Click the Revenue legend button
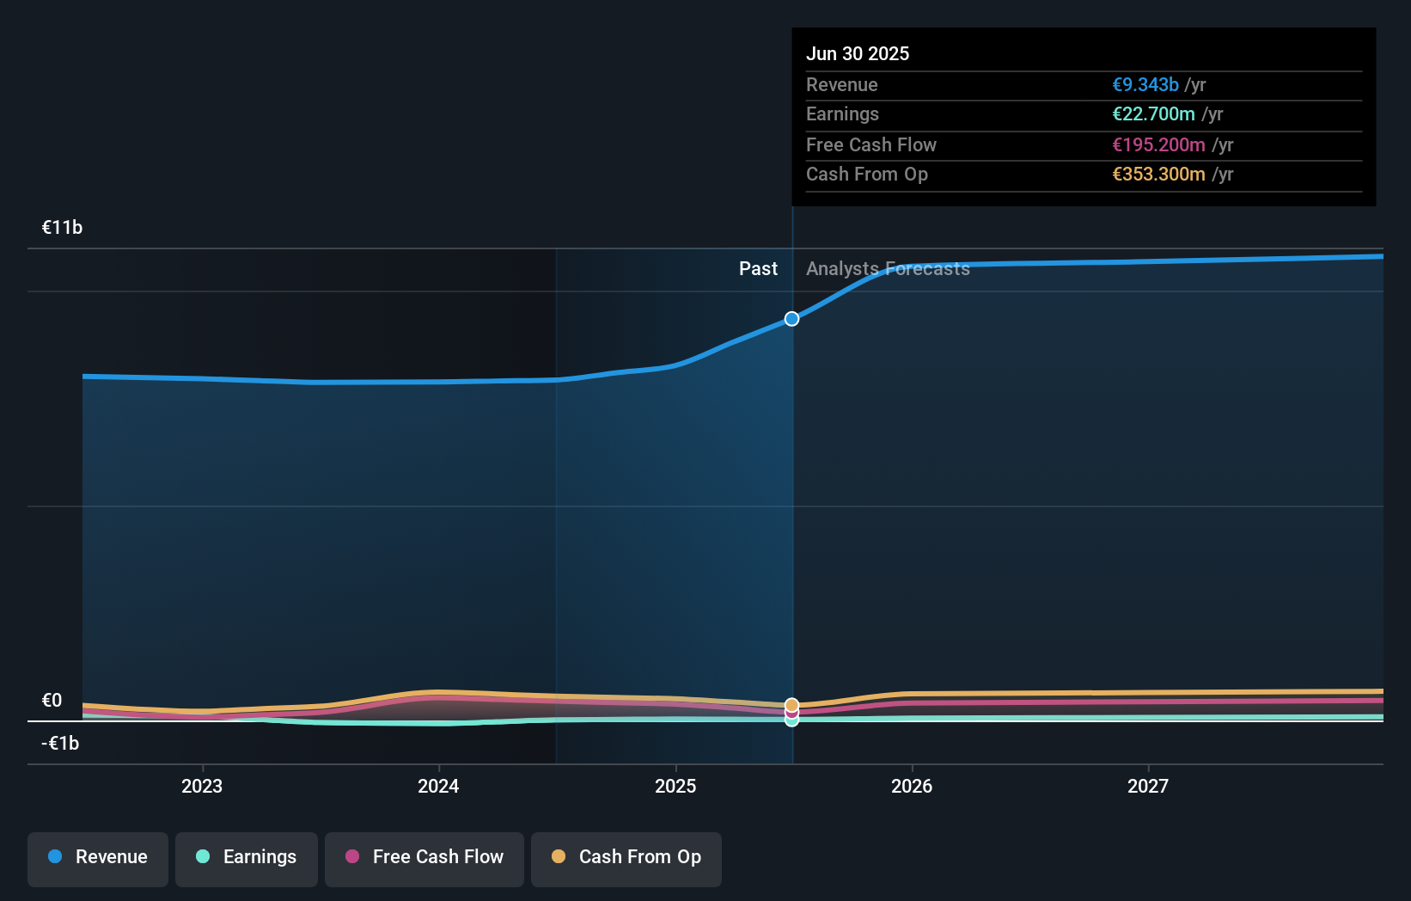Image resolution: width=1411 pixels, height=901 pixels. pyautogui.click(x=98, y=857)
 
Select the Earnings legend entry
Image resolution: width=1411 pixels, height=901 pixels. pyautogui.click(x=247, y=857)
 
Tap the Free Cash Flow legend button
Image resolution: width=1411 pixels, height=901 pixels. pyautogui.click(x=425, y=857)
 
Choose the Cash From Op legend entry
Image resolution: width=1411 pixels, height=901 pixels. pyautogui.click(x=626, y=857)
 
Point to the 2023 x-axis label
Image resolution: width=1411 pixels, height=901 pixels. pyautogui.click(x=202, y=786)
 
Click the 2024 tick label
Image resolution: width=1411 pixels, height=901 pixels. pyautogui.click(x=438, y=786)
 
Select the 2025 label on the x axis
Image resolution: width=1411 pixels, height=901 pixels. pyautogui.click(x=675, y=786)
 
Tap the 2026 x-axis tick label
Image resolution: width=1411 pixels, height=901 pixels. pyautogui.click(x=912, y=786)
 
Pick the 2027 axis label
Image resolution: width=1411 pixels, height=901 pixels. pyautogui.click(x=1148, y=786)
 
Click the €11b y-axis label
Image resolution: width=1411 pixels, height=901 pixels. pyautogui.click(x=62, y=228)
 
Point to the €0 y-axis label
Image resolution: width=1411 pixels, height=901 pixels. pyautogui.click(x=52, y=701)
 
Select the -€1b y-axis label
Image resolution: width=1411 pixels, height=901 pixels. pyautogui.click(x=60, y=744)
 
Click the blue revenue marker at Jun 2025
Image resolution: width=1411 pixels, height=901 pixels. pyautogui.click(x=791, y=319)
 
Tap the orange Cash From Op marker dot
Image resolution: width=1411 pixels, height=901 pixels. pyautogui.click(x=791, y=705)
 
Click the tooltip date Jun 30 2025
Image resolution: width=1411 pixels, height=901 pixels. pyautogui.click(x=857, y=53)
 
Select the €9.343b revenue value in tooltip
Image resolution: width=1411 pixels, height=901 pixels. pyautogui.click(x=1145, y=84)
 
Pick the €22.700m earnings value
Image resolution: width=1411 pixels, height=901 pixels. pyautogui.click(x=1153, y=114)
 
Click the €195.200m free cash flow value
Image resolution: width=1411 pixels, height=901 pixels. pyautogui.click(x=1158, y=144)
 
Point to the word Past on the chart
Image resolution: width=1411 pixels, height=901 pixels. pyautogui.click(x=758, y=269)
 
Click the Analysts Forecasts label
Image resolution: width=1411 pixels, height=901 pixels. pyautogui.click(x=888, y=269)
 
